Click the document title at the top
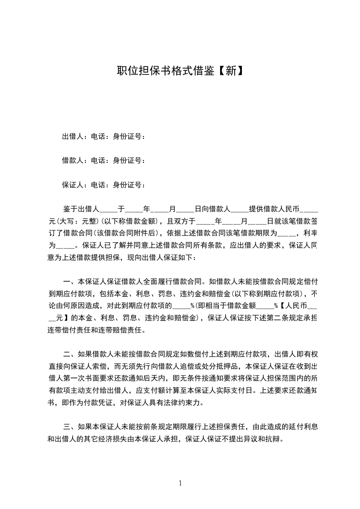(180, 71)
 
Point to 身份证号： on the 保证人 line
(129, 185)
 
